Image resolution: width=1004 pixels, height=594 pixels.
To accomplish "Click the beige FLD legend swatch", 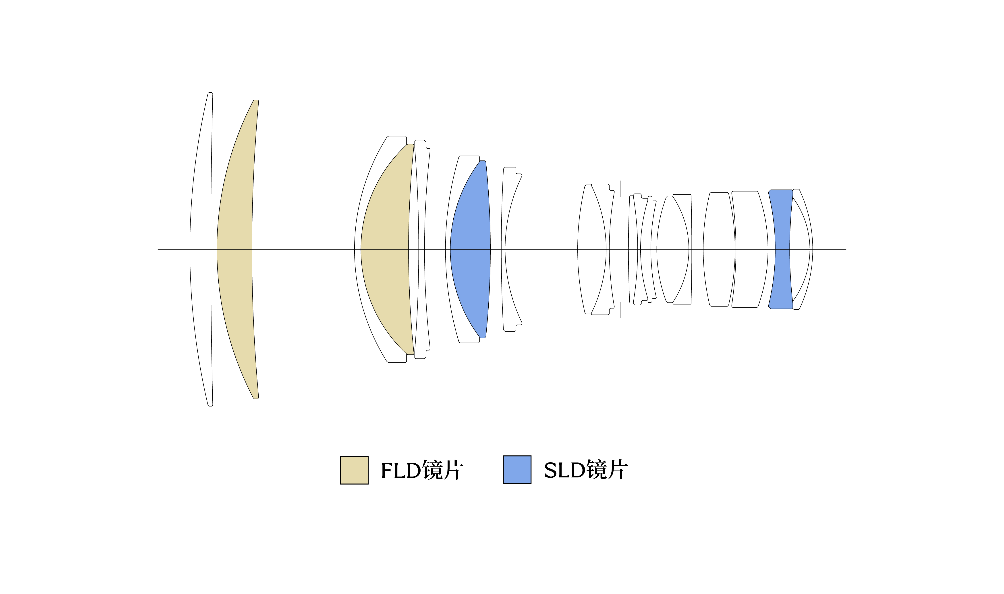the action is click(354, 470).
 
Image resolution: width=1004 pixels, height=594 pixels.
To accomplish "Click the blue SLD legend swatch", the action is click(517, 469).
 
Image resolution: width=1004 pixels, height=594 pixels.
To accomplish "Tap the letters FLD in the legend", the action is click(401, 470).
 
